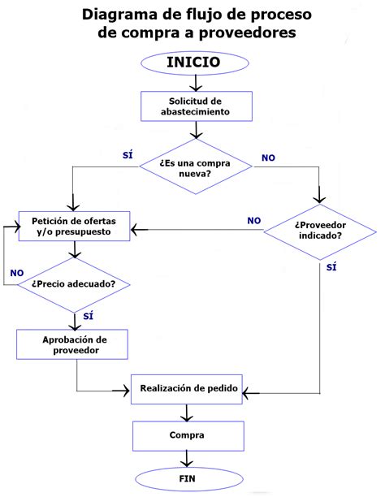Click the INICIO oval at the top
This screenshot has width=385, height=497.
tap(192, 63)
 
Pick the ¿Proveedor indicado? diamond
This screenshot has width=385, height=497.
tap(318, 230)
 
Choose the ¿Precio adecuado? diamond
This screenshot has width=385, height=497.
tap(73, 283)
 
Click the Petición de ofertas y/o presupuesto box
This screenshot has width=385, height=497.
tap(75, 226)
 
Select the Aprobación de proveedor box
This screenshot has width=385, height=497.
tap(73, 344)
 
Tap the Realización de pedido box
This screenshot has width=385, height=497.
tap(188, 389)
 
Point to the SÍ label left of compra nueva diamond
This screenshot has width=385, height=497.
tap(128, 154)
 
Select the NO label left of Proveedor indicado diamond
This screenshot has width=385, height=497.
tap(254, 220)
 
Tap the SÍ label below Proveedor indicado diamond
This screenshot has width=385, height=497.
tap(331, 266)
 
